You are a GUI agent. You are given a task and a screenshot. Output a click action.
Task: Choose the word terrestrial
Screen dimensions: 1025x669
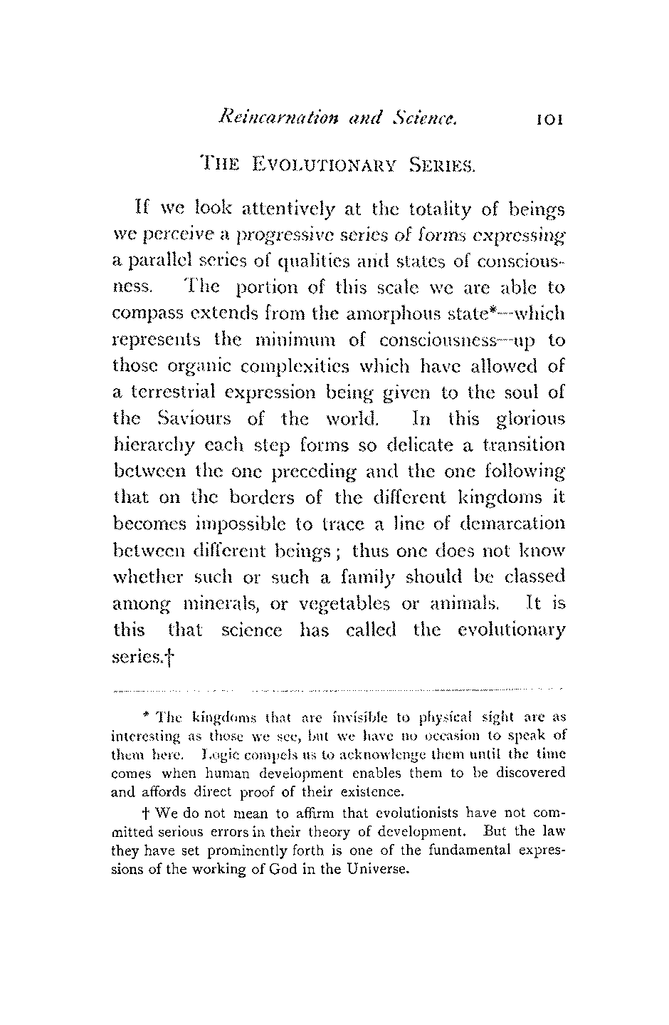pyautogui.click(x=190, y=392)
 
